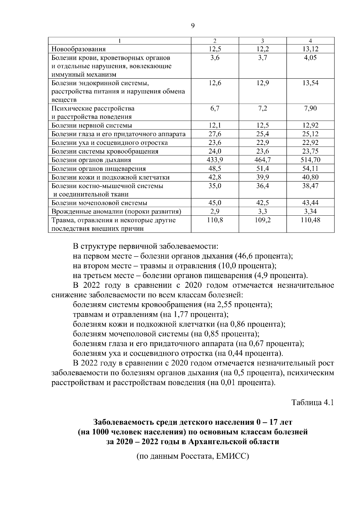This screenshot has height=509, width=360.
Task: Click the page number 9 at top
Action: click(193, 26)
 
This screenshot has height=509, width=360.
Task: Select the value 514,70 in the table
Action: click(310, 160)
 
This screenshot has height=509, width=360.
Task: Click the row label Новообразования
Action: click(79, 49)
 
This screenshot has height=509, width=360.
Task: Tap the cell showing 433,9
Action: click(215, 160)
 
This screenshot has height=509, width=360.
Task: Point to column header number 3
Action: click(262, 41)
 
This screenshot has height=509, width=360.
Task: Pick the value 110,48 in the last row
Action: click(310, 220)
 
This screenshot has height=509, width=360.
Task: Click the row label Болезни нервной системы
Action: click(92, 125)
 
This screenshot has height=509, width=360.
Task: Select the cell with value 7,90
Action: click(310, 109)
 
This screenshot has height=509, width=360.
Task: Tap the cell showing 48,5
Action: click(215, 169)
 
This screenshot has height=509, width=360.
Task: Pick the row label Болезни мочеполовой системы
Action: click(99, 203)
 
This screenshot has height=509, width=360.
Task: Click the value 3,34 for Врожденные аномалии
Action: click(310, 212)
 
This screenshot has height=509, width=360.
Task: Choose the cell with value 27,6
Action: click(215, 134)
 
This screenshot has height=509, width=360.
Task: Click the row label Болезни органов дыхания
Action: click(91, 160)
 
